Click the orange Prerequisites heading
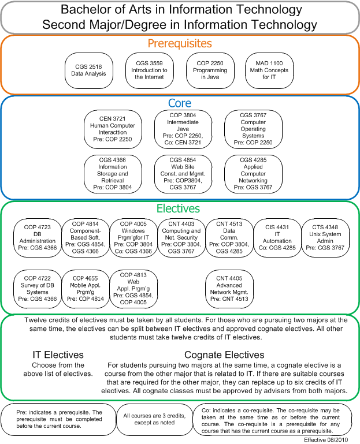180,44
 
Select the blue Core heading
180,103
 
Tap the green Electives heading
179,208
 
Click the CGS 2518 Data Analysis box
89,70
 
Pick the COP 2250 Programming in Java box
210,70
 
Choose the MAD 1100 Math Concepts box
269,70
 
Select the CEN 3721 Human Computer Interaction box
113,129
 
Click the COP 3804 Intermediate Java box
183,129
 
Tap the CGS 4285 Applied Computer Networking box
253,174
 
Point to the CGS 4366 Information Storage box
113,174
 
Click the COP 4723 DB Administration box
38,238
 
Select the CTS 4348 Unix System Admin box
325,238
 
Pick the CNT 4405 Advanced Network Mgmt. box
229,289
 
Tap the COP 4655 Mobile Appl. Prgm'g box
86,289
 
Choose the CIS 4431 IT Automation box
277,238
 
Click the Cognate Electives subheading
224,355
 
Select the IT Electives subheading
58,355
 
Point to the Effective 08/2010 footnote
326,440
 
